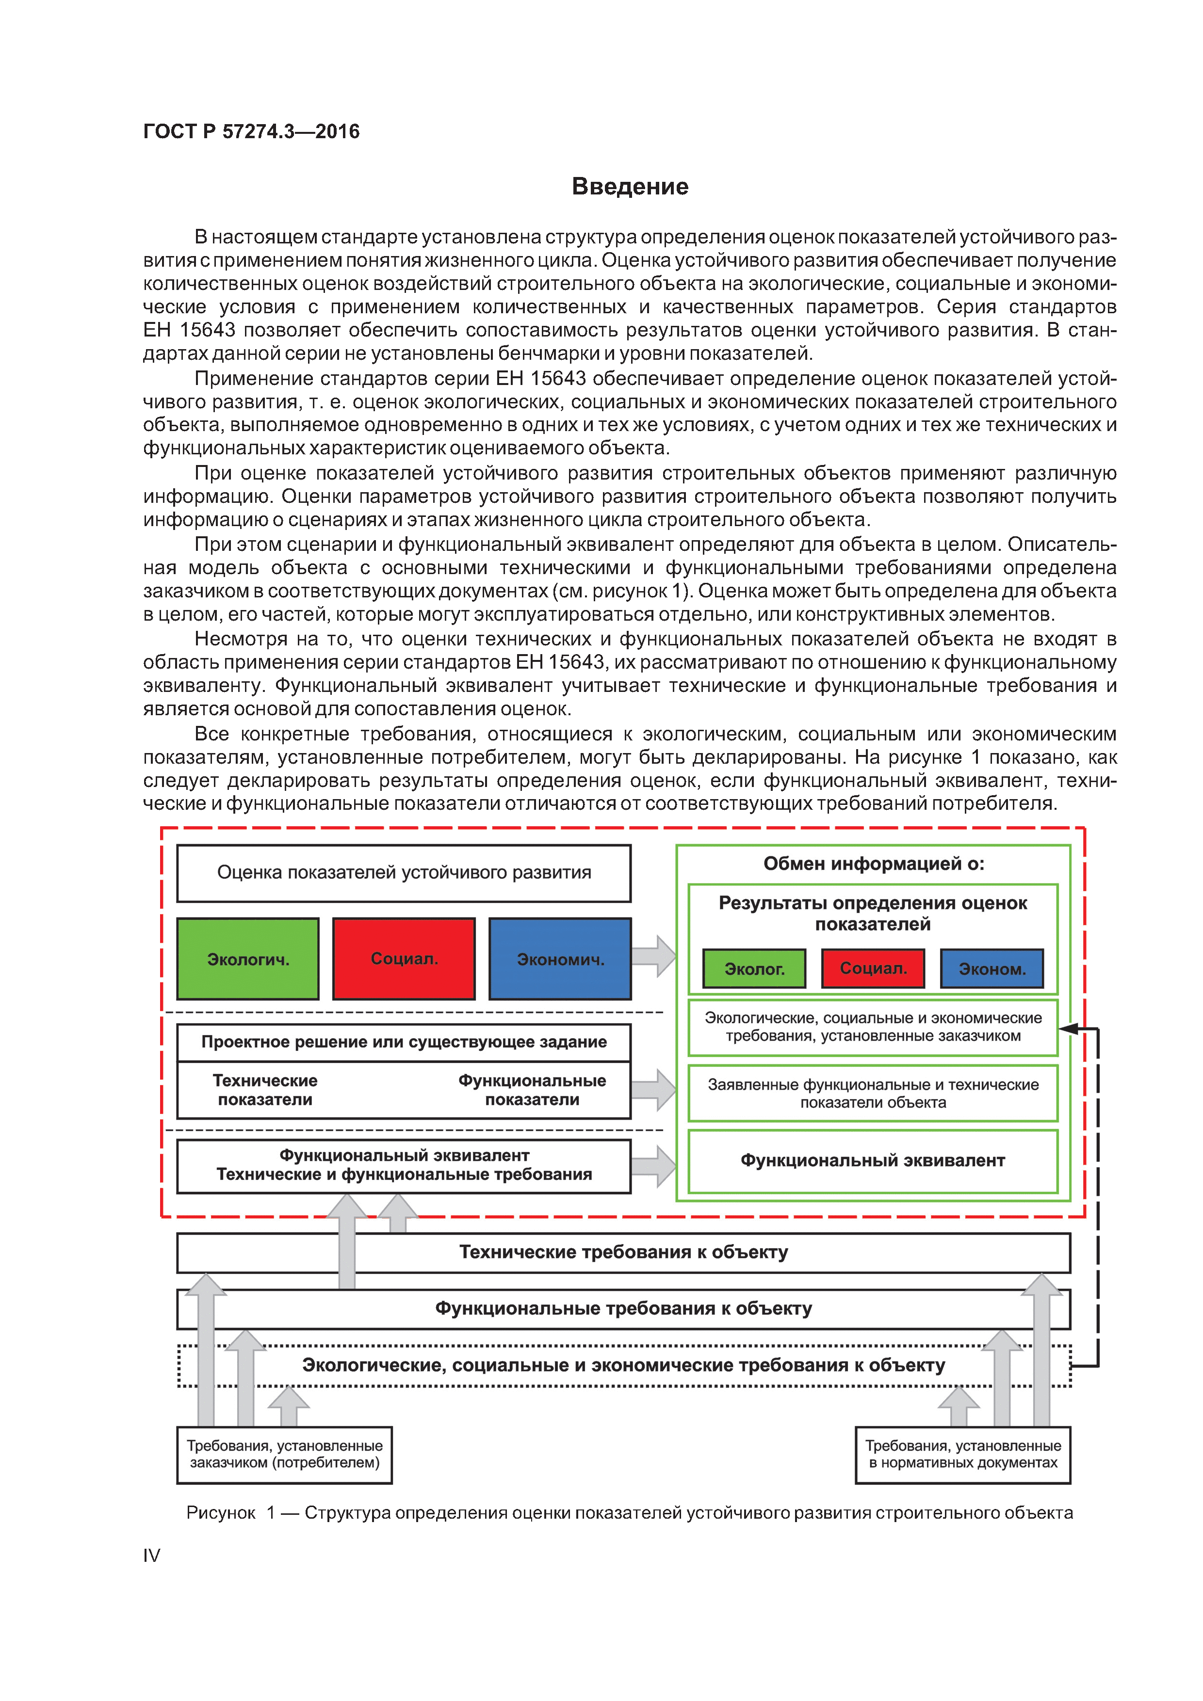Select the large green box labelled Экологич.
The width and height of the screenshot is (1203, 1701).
point(247,959)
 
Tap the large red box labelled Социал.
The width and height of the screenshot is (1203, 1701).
point(404,959)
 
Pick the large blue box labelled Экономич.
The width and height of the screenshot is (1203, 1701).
point(560,959)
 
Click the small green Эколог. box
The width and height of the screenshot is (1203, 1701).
point(754,968)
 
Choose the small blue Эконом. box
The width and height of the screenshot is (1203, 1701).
point(992,968)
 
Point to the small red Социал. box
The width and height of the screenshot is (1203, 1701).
point(873,968)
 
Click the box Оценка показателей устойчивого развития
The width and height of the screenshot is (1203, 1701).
point(404,873)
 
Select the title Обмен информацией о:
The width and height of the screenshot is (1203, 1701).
point(873,864)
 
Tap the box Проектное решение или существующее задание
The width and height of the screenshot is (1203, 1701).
point(404,1042)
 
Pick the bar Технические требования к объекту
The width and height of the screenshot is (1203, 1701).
point(623,1252)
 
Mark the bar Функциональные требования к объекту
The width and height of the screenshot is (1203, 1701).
point(623,1308)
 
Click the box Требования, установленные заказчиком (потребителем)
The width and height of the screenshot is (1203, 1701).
point(285,1454)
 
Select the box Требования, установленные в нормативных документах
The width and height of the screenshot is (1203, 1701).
point(963,1454)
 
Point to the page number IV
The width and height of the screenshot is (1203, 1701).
point(151,1555)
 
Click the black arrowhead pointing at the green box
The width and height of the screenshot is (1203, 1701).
point(1067,1028)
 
